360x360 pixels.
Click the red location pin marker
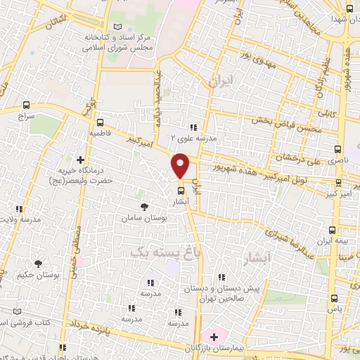(181, 165)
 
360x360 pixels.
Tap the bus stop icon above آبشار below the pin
(180, 190)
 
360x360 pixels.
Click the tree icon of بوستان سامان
(144, 207)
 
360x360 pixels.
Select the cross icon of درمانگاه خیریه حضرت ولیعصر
(80, 161)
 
